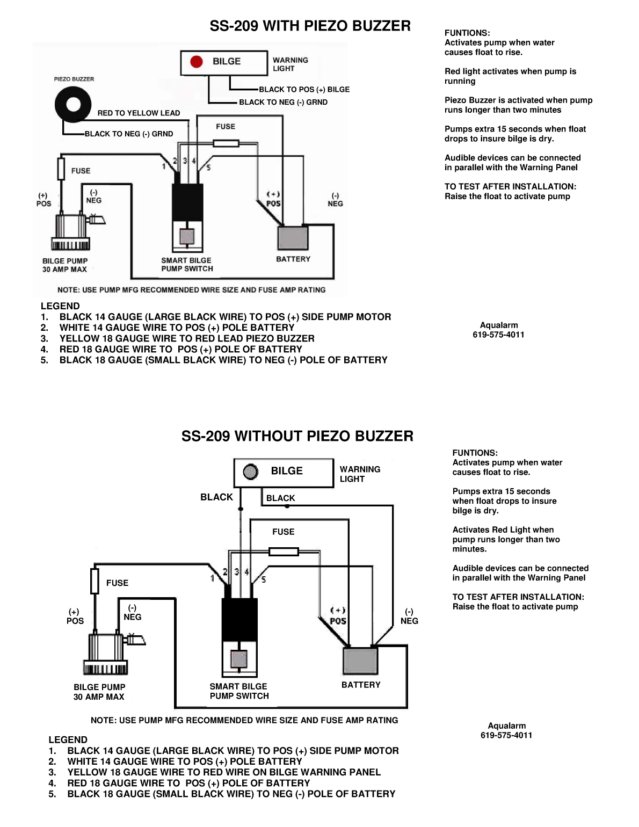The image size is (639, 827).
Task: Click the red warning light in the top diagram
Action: point(197,62)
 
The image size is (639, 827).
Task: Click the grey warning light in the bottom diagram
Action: point(250,471)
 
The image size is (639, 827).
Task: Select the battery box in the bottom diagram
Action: point(360,661)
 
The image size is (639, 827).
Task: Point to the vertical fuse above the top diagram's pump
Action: point(61,169)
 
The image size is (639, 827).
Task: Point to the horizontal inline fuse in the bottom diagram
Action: point(284,552)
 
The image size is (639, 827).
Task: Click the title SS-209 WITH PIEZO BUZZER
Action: point(310,26)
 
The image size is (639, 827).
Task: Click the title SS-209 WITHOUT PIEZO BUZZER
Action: point(297,436)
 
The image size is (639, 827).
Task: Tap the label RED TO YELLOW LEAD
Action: point(139,113)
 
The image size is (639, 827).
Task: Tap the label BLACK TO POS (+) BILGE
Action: point(304,90)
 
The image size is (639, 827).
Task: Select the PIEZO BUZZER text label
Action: point(74,79)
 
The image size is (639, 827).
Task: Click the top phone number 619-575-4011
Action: point(498,335)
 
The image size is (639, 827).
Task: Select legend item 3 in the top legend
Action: point(186,338)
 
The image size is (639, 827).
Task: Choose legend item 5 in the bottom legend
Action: point(231,794)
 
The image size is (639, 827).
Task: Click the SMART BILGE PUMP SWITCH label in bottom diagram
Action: point(239,691)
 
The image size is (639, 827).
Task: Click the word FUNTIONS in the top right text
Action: point(467,33)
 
